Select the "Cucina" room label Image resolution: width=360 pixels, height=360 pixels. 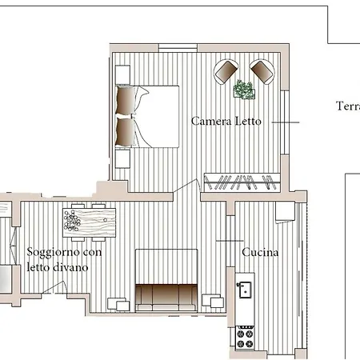click(x=260, y=253)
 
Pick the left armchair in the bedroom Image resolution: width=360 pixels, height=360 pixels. click(x=226, y=72)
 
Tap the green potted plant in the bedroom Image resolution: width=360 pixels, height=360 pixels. click(x=244, y=90)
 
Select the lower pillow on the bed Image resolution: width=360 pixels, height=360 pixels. click(x=126, y=130)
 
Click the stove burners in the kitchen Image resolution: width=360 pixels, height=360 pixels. click(x=245, y=336)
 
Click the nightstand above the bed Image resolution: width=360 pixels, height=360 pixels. click(x=122, y=74)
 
